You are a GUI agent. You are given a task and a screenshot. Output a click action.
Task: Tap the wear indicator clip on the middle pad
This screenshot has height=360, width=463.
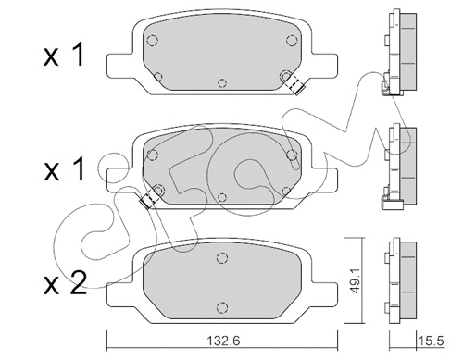[x=146, y=198]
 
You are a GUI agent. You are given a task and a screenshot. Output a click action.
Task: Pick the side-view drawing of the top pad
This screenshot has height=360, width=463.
[x=393, y=53]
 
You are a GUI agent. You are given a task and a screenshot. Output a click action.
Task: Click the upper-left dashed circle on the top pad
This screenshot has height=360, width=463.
[x=154, y=39]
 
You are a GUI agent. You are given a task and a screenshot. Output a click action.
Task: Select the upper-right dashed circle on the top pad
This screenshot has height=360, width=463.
[x=291, y=39]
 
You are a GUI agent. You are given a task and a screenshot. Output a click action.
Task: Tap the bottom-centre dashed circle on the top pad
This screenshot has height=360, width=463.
[x=223, y=82]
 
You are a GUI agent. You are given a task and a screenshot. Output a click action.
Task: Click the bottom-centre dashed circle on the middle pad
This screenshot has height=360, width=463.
[x=223, y=195]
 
